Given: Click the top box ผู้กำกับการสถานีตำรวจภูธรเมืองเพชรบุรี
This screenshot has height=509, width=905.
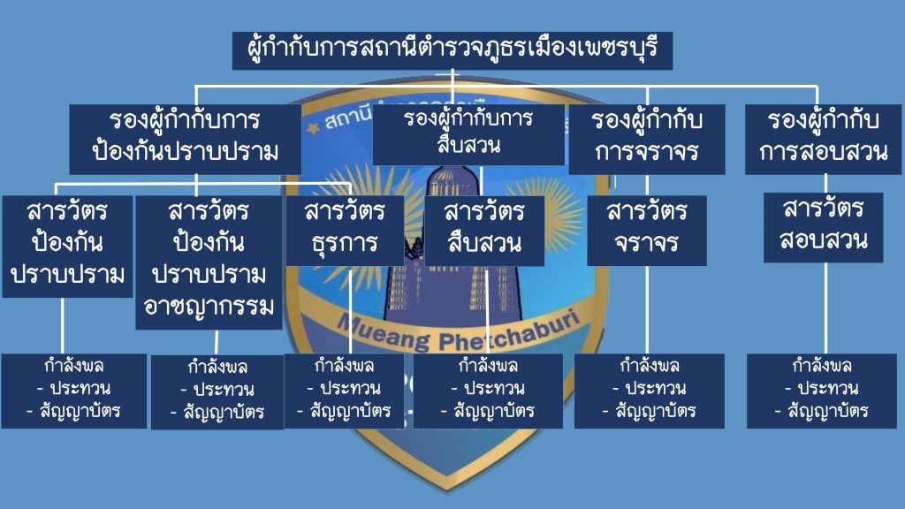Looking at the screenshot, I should (x=452, y=49).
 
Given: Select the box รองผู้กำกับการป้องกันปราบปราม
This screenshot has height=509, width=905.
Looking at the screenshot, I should (x=185, y=139).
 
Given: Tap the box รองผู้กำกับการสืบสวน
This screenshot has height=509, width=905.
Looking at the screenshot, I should (x=468, y=134).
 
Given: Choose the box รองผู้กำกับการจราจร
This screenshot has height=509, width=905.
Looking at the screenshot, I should (x=647, y=139).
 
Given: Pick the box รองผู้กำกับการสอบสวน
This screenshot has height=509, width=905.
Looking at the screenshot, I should (x=824, y=139).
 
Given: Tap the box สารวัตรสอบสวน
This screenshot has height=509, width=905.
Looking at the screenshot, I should (x=824, y=227).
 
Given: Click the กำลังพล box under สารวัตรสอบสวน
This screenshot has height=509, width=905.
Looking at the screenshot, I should (x=822, y=390).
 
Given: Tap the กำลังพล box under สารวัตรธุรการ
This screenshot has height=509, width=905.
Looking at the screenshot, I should (x=344, y=390).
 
